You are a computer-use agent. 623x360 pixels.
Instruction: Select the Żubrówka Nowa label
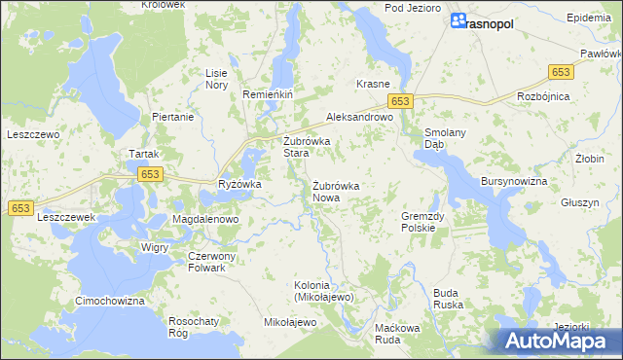pos(337,191)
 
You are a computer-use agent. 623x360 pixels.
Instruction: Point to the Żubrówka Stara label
pos(308,147)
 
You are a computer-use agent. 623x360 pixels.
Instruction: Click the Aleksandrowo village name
pos(358,116)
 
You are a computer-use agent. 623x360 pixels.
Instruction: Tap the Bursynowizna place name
pos(514,182)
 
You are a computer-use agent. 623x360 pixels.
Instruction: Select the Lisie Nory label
pos(216,79)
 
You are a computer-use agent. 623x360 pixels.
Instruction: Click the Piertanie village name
pos(173,117)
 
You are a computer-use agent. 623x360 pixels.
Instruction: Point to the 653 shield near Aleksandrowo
pos(401,101)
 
